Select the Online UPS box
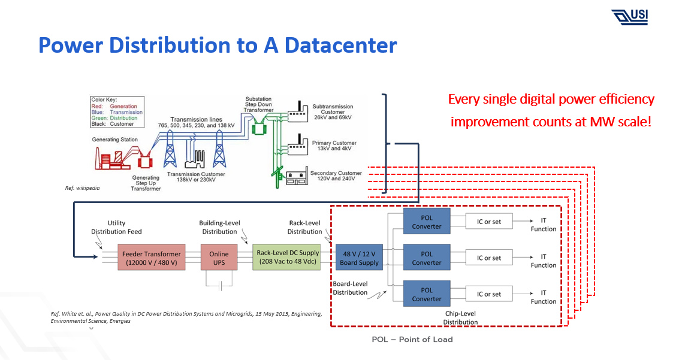[219, 258]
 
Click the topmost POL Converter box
[426, 222]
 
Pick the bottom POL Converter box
[426, 294]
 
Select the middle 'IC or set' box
[488, 258]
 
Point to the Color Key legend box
[117, 111]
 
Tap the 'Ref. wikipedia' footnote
[83, 188]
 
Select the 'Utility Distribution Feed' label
[116, 227]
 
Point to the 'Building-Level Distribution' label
[219, 227]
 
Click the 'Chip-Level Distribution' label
[460, 317]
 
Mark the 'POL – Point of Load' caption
[412, 340]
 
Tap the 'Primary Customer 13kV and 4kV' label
[334, 146]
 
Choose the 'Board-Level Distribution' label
[350, 288]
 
